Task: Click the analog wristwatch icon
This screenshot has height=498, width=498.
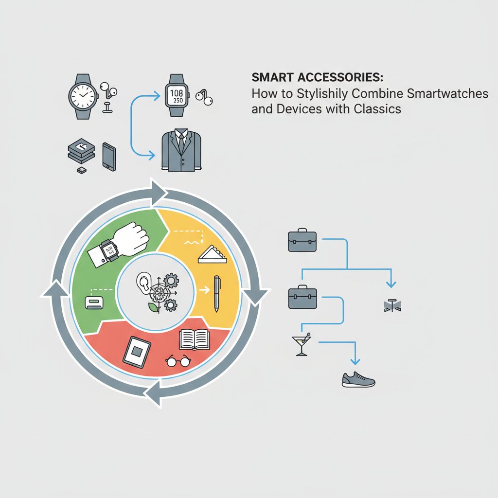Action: point(83,97)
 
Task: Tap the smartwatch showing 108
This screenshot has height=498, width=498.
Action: point(177,95)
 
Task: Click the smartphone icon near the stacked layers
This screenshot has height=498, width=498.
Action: point(109,157)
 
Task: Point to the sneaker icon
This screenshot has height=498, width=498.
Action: point(358,379)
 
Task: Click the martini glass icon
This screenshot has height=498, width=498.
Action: point(301,344)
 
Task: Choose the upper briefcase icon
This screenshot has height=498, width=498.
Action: point(302,240)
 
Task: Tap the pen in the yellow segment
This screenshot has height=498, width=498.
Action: point(217,294)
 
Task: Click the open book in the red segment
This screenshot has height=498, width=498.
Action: point(195,339)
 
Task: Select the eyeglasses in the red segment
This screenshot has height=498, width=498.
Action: point(178,361)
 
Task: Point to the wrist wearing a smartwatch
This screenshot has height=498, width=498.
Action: point(118,245)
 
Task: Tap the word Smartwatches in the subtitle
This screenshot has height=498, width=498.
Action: point(447,93)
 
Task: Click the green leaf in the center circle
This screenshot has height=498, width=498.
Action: point(154,307)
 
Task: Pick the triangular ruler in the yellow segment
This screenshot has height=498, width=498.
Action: point(212,254)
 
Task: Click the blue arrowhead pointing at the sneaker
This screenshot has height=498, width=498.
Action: point(355,361)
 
